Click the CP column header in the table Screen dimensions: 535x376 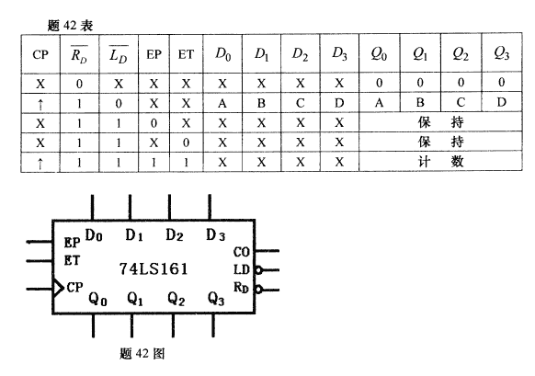[40, 54]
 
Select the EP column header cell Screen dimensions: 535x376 [154, 54]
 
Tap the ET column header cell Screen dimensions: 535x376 [186, 54]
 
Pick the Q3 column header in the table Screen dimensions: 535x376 [501, 53]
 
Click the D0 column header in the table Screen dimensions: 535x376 [222, 54]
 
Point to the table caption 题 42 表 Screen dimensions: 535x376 [70, 26]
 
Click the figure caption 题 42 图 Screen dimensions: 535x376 [142, 354]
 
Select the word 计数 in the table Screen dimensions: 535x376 [441, 162]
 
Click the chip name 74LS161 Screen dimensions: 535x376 [154, 268]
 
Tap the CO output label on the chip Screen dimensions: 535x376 [242, 252]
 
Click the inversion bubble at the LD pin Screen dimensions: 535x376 [258, 270]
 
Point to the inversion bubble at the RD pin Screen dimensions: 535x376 [258, 290]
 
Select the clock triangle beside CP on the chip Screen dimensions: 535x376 [58, 289]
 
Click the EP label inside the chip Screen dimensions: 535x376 [72, 243]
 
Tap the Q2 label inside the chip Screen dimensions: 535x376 [176, 299]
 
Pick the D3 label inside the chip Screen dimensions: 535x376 [215, 235]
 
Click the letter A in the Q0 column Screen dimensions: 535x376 [379, 102]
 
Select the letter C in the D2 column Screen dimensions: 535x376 [301, 103]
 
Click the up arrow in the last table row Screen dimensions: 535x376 [40, 164]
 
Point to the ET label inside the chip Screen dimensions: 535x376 [72, 261]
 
